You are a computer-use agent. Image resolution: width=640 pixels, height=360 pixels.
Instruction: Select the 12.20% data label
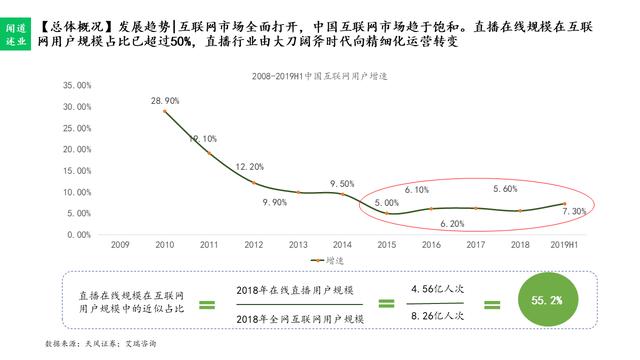pyautogui.click(x=250, y=166)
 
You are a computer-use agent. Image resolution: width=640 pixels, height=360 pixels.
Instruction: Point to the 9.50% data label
pyautogui.click(x=341, y=183)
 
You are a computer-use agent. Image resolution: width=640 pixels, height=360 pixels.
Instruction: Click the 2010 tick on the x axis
pyautogui.click(x=165, y=244)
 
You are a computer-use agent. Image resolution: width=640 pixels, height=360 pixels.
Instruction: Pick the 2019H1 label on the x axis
pyautogui.click(x=567, y=244)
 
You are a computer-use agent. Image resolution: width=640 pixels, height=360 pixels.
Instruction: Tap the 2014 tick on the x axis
pyautogui.click(x=342, y=244)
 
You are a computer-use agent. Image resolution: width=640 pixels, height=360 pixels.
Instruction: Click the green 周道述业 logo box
pyautogui.click(x=17, y=36)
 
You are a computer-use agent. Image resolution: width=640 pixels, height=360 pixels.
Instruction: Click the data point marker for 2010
pyautogui.click(x=165, y=111)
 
